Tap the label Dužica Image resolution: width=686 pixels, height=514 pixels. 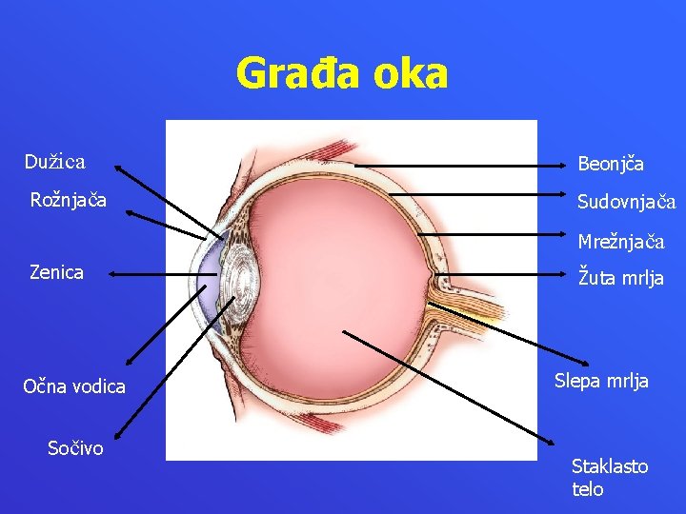point(54,162)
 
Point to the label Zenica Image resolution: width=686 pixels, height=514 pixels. point(56,272)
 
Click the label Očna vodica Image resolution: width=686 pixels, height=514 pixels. point(74,386)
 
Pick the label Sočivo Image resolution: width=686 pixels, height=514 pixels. point(75,447)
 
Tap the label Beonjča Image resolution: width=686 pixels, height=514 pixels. point(611,164)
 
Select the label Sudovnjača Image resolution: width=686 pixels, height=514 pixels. point(626,202)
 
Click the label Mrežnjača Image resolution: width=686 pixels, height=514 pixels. point(620,242)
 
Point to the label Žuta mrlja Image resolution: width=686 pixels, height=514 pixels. point(621,279)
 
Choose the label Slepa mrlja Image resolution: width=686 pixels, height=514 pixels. point(601,381)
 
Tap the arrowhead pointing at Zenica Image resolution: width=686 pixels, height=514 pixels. point(111,273)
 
